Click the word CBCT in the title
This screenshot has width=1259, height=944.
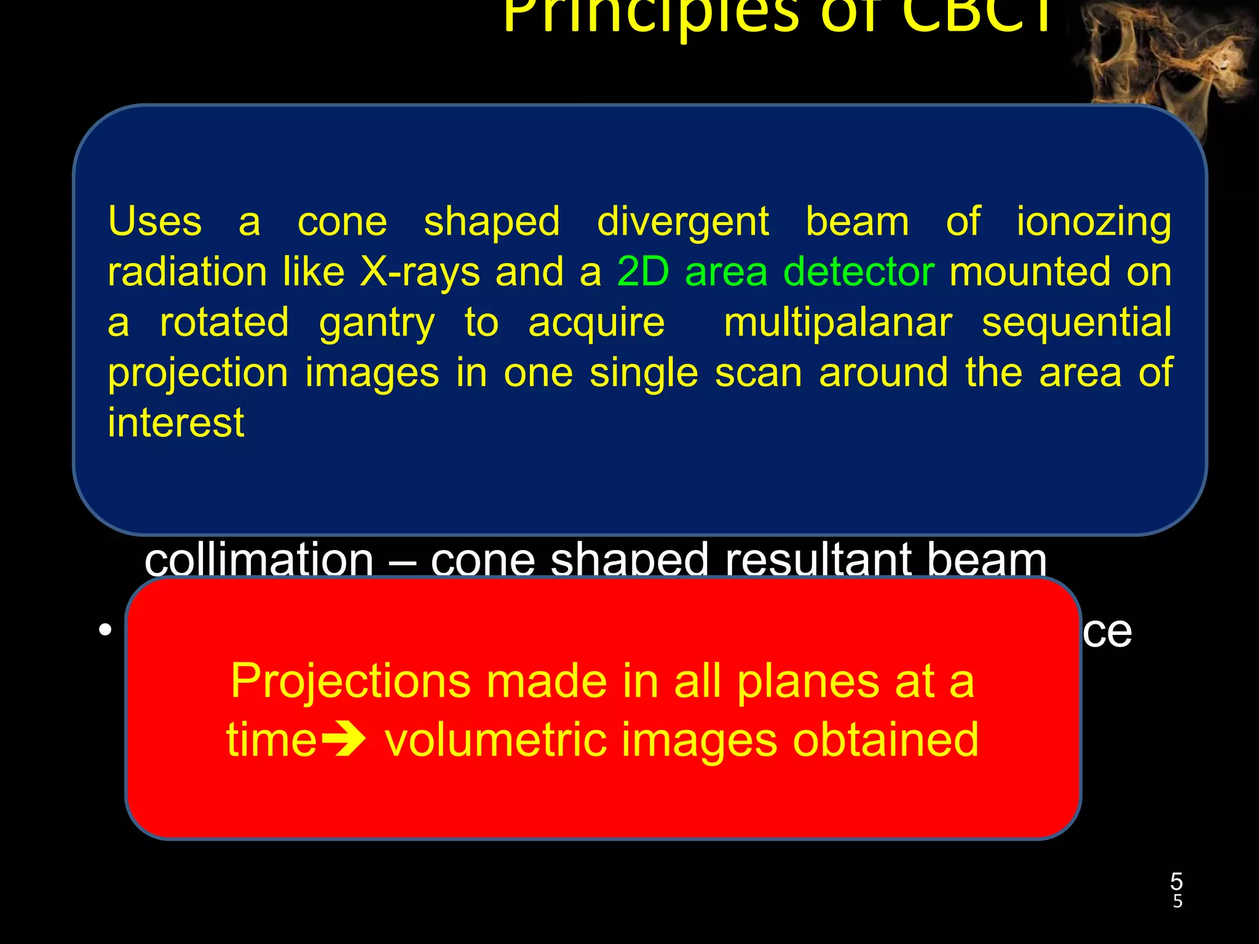click(x=977, y=15)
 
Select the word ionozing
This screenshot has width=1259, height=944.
click(x=1093, y=222)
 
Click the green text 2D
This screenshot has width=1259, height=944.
click(x=643, y=272)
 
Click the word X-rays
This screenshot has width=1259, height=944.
click(x=419, y=273)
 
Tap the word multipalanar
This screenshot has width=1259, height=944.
click(x=837, y=323)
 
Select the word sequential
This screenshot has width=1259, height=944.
click(x=1076, y=323)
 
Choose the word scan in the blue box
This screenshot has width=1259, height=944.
click(x=758, y=373)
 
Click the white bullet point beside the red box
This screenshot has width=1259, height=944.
click(x=106, y=630)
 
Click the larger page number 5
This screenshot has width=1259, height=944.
click(x=1176, y=881)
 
